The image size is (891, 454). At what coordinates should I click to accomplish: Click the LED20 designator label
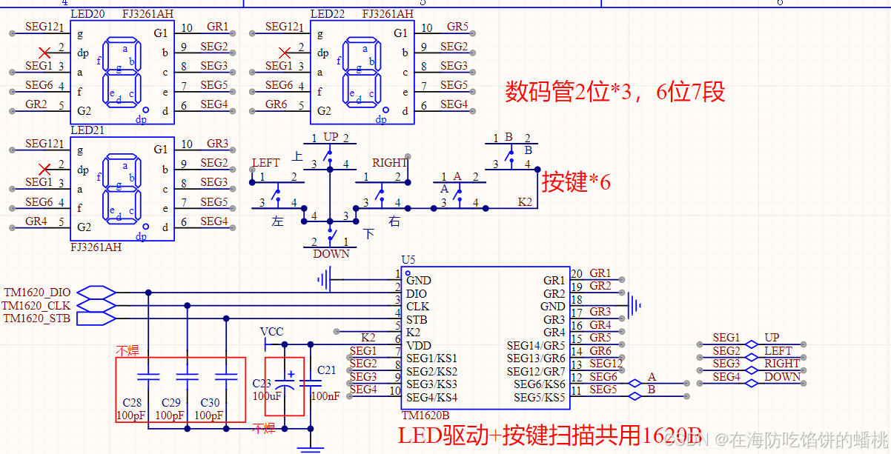click(87, 14)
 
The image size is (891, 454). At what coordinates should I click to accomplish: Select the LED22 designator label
click(327, 14)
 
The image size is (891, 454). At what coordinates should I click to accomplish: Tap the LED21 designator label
click(87, 130)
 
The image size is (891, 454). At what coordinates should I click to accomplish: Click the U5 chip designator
click(408, 260)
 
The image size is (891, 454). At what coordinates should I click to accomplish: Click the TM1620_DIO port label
click(37, 293)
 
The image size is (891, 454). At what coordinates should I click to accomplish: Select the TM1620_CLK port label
click(37, 305)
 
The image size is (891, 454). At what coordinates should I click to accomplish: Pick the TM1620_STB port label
click(37, 318)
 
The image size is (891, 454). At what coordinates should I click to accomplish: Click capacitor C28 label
click(132, 403)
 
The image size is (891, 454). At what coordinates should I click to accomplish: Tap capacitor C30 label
click(210, 403)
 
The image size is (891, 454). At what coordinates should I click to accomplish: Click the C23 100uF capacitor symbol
click(285, 386)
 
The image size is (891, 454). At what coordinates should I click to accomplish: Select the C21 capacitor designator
click(326, 370)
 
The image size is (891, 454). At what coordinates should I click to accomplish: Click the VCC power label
click(271, 331)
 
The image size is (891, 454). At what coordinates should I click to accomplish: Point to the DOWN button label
click(331, 253)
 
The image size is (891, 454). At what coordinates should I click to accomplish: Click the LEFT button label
click(265, 163)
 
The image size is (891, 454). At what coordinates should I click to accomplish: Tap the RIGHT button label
click(389, 163)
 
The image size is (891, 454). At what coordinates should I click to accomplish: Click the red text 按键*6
click(576, 181)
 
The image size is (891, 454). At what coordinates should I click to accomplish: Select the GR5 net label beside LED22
click(457, 27)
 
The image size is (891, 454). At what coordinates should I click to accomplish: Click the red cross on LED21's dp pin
click(44, 169)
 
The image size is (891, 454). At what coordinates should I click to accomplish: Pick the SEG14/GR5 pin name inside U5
click(535, 345)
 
